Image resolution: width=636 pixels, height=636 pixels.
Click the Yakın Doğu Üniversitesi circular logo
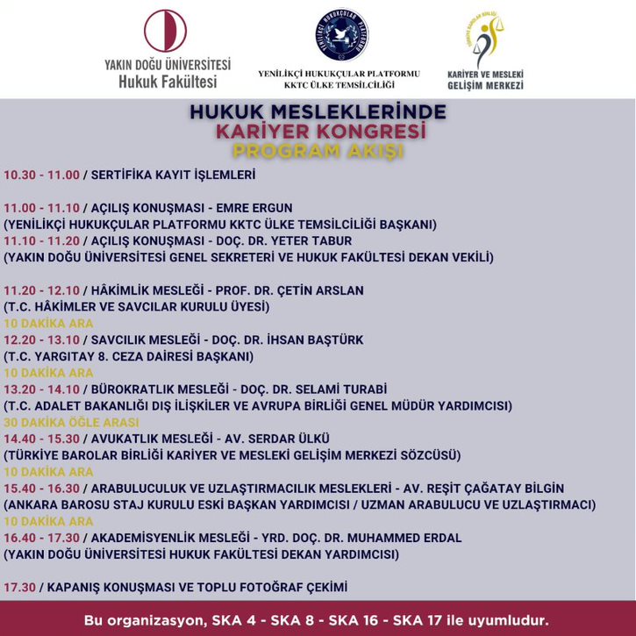point(166,31)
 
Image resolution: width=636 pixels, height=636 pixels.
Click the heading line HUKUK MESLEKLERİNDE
point(318,112)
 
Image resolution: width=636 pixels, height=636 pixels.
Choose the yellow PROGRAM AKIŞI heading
point(318,150)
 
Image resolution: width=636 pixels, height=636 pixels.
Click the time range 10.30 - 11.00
point(40,175)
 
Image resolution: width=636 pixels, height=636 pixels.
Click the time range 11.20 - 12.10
point(40,290)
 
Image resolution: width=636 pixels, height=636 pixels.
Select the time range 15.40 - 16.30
point(40,488)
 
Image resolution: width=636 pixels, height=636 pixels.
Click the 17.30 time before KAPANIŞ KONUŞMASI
point(19,587)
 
